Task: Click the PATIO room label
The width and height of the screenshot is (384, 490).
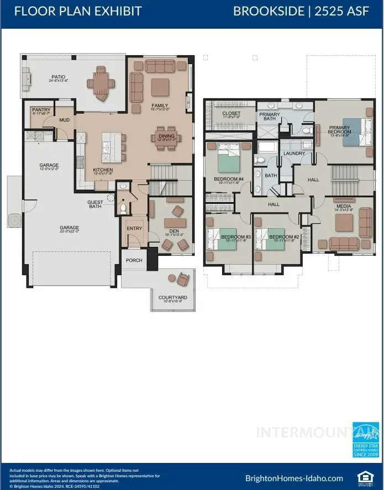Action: pos(58,77)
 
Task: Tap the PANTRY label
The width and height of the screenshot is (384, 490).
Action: pos(41,110)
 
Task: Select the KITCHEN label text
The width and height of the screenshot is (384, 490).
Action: pos(103,170)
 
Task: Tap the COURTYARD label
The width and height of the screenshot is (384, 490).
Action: pos(172,297)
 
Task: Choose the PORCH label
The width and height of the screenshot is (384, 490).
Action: pos(134,260)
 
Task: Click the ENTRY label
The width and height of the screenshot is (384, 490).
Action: pos(134,228)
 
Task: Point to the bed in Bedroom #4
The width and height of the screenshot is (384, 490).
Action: pos(227,159)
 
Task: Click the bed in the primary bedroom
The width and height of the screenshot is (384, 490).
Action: pos(355,131)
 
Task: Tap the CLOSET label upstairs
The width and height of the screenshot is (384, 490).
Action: pos(231,114)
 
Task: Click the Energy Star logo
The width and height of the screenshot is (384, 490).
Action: pos(365,440)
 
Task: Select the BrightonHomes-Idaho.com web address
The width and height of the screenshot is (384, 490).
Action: pos(293,478)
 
